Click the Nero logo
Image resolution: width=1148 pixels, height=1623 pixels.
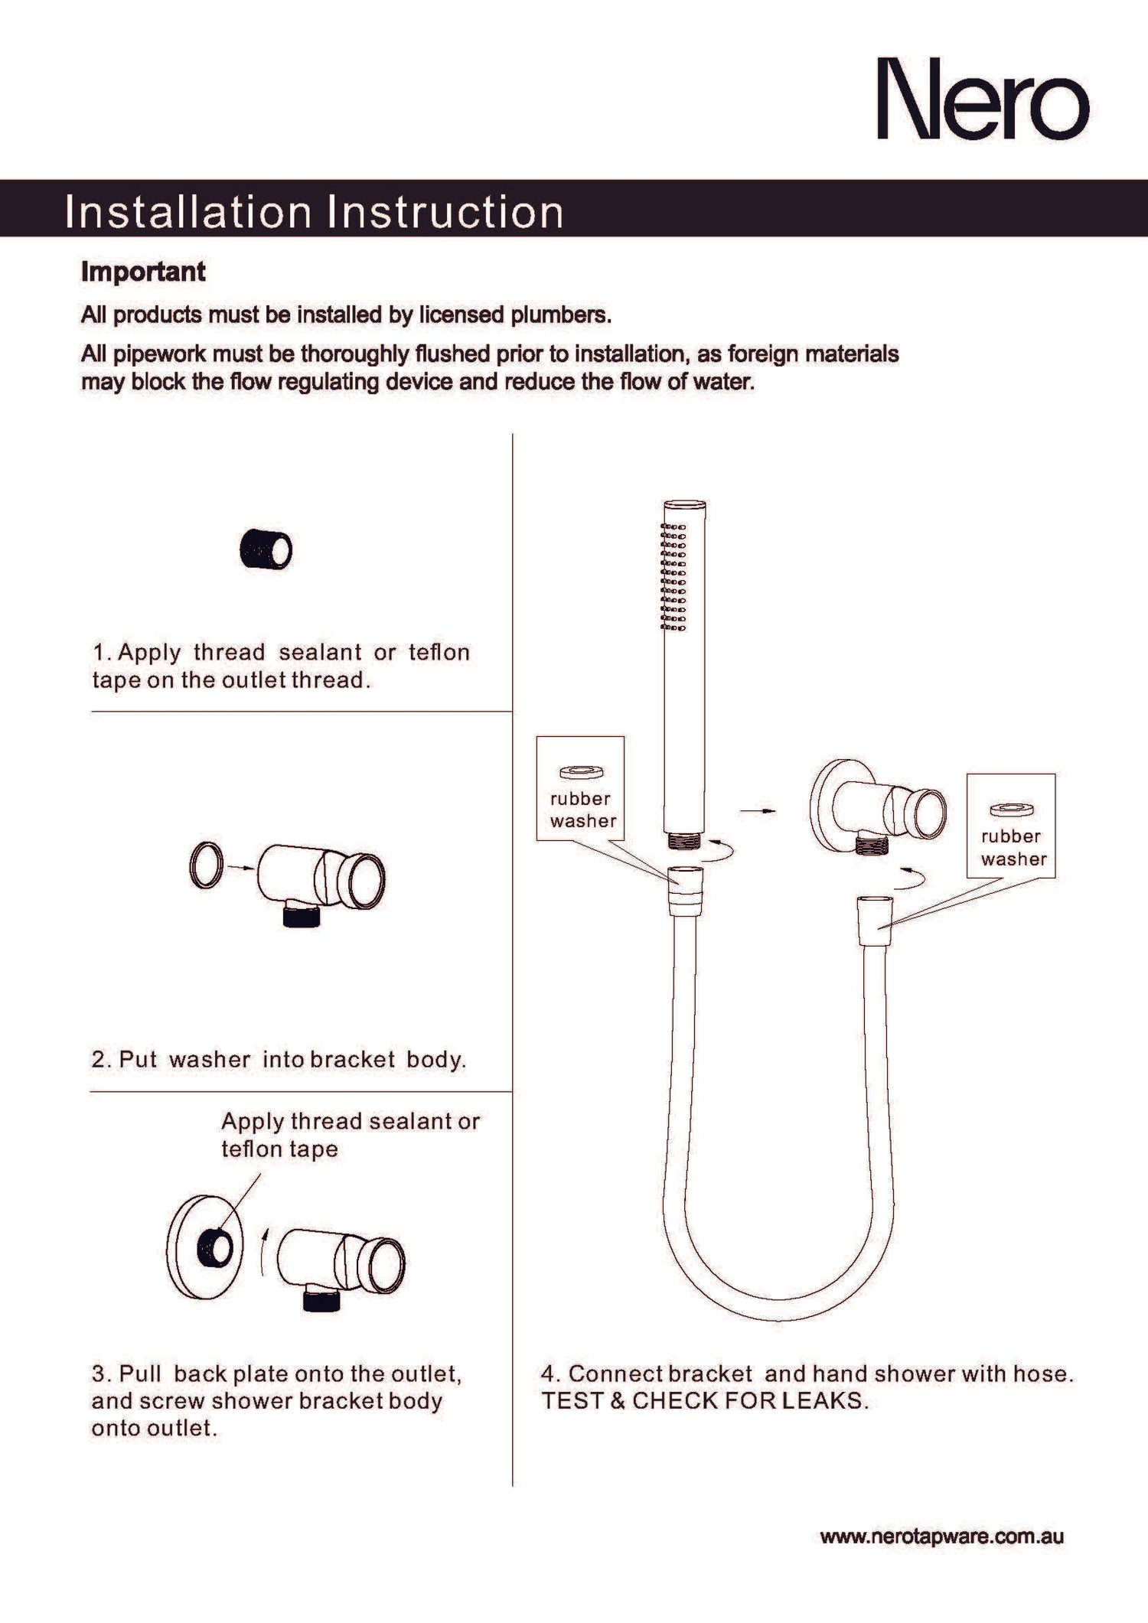click(982, 99)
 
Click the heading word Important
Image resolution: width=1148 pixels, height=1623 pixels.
click(143, 272)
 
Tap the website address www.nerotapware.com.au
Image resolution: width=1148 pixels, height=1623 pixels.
click(941, 1537)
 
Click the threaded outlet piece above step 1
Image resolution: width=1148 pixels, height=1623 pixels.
click(266, 549)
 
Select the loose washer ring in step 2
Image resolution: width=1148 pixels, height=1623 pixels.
click(206, 865)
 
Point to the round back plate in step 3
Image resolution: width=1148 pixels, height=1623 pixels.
click(203, 1247)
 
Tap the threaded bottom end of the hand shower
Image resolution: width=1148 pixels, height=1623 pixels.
click(683, 840)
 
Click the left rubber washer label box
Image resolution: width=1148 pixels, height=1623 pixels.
click(580, 788)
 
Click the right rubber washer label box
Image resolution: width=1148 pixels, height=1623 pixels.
click(1011, 826)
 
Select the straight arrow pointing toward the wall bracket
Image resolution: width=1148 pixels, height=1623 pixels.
click(757, 810)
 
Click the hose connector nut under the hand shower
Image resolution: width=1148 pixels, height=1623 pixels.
click(685, 891)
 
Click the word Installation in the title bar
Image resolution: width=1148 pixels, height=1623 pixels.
click(188, 212)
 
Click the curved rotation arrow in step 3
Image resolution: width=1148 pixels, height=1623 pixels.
click(264, 1251)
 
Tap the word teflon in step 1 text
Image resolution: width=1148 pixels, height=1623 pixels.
click(439, 652)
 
